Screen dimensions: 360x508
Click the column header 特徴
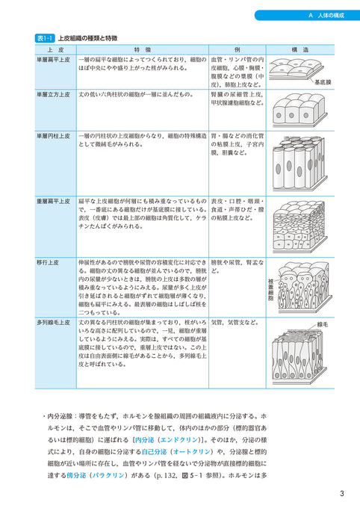point(142,49)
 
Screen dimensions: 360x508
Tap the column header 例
point(237,49)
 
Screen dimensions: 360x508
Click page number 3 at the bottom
point(341,493)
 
